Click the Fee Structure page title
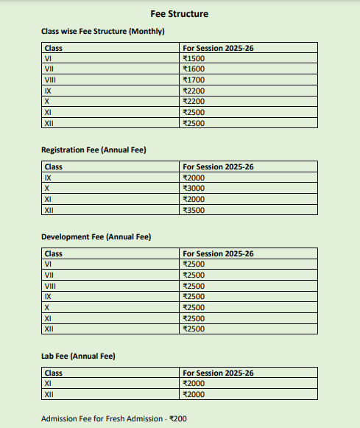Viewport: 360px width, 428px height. coord(180,13)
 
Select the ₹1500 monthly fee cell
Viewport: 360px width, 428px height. coord(194,58)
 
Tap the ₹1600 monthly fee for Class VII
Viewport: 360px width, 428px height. coord(194,69)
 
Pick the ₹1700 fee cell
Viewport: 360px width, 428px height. coord(194,80)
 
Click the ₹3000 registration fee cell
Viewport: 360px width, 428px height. coord(194,189)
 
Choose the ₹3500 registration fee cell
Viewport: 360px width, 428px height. coord(194,210)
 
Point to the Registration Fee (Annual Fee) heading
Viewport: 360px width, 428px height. coord(93,150)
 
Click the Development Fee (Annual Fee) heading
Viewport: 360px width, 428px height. coord(96,237)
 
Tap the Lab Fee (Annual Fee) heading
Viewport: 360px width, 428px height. coord(78,357)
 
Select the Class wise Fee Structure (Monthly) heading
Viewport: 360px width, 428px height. coord(103,32)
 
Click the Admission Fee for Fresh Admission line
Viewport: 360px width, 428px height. coord(115,418)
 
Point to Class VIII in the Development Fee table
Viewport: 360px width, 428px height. coord(51,286)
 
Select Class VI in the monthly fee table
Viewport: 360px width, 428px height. coord(48,58)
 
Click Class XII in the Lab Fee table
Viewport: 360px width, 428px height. coord(49,395)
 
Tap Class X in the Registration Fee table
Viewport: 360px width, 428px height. coord(47,189)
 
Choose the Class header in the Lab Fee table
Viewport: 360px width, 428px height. coord(54,373)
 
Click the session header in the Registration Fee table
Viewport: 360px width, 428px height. coord(218,167)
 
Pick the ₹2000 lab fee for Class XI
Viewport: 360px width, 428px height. coord(194,384)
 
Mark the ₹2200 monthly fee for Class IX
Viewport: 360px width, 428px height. coord(194,91)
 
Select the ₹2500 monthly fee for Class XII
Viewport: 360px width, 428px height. coord(194,123)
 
